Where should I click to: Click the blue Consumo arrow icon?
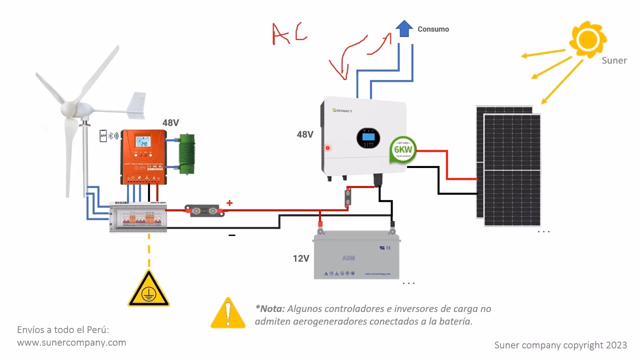[x=403, y=28]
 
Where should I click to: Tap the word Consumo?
[x=433, y=29]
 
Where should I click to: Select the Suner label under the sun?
[x=614, y=60]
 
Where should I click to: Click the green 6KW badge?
[x=403, y=148]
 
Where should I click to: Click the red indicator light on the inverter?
[x=328, y=148]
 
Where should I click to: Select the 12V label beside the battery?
[x=301, y=258]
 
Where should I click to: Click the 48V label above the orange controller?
[x=171, y=122]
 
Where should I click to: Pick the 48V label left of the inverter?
[x=305, y=134]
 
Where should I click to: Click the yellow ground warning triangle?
[x=148, y=289]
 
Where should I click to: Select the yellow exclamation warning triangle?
[x=228, y=314]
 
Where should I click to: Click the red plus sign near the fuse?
[x=229, y=203]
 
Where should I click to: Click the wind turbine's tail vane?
[x=135, y=105]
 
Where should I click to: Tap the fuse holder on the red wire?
[x=206, y=210]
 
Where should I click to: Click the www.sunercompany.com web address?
[x=71, y=342]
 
